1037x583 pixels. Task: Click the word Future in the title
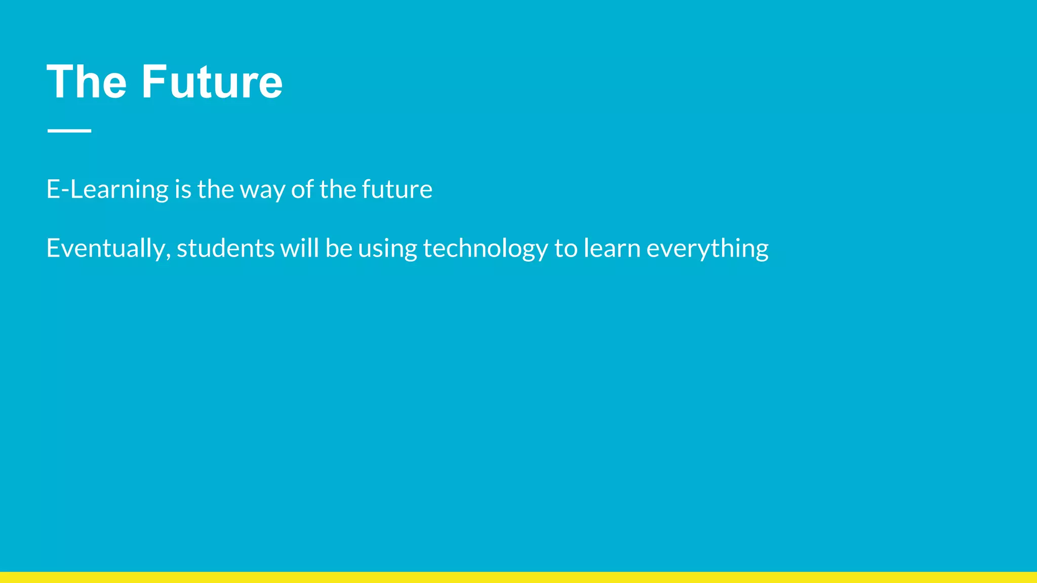212,82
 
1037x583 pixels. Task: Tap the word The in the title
86,82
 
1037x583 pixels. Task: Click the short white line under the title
69,131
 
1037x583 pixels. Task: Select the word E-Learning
107,190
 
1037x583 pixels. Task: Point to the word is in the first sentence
183,190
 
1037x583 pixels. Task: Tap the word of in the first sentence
302,189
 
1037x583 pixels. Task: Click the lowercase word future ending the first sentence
397,189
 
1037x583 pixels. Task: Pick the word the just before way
216,189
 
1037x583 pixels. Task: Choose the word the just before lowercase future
338,189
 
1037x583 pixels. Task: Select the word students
225,248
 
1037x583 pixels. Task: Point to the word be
339,248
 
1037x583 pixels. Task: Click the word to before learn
566,248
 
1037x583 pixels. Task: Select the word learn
612,248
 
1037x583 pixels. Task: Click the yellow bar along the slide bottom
518,577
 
